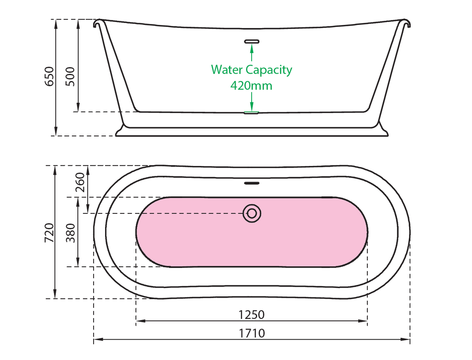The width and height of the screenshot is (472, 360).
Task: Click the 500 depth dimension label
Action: pyautogui.click(x=70, y=77)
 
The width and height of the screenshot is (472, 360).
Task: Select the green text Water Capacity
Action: pyautogui.click(x=251, y=70)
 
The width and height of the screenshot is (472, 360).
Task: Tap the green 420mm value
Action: pyautogui.click(x=251, y=85)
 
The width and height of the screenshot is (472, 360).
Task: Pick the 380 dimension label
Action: pyautogui.click(x=70, y=232)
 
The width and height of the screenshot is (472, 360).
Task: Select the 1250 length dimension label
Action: pyautogui.click(x=251, y=314)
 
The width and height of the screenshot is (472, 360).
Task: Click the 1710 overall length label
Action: pyautogui.click(x=251, y=333)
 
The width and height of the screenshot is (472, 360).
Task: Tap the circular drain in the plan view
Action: pyautogui.click(x=252, y=213)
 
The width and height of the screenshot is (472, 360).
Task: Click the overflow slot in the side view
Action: pyautogui.click(x=252, y=41)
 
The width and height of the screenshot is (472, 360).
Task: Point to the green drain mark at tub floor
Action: pyautogui.click(x=252, y=112)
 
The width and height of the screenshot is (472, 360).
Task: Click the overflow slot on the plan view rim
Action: pyautogui.click(x=252, y=183)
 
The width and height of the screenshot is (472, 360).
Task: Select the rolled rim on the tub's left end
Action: pyautogui.click(x=97, y=23)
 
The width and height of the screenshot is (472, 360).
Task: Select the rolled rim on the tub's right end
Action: pyautogui.click(x=406, y=23)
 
